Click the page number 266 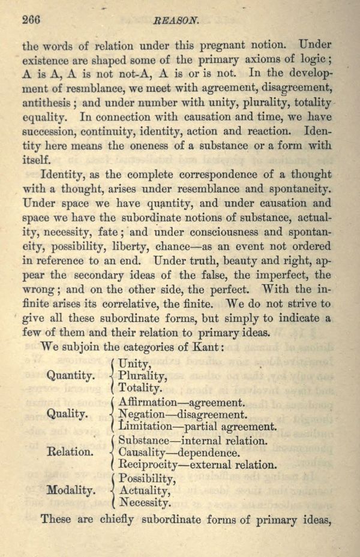click(x=31, y=19)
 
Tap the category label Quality click(x=67, y=414)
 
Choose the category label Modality click(x=70, y=490)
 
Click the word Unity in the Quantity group click(x=136, y=363)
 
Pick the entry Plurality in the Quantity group click(x=143, y=375)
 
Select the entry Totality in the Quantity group click(x=140, y=388)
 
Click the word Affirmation click(x=148, y=402)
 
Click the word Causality click(x=141, y=452)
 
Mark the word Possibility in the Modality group click(x=147, y=478)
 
